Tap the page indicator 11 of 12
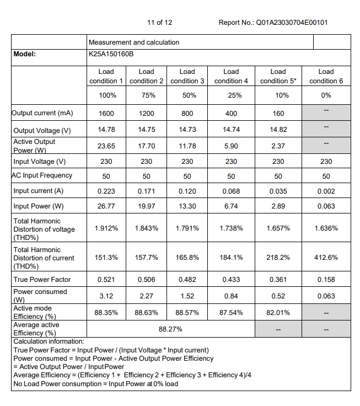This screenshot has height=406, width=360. [160, 23]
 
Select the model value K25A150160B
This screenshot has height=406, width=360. [111, 54]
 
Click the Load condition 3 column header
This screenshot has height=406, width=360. [187, 76]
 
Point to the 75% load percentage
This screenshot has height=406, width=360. [147, 95]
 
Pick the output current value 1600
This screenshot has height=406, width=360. [107, 113]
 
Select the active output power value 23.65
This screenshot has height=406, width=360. [107, 146]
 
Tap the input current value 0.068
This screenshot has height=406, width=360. [231, 191]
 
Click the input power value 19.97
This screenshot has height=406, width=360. [147, 206]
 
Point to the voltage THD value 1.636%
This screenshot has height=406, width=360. [326, 228]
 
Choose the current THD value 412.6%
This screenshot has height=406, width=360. [326, 257]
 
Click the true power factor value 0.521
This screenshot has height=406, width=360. [107, 280]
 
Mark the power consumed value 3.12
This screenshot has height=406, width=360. [107, 296]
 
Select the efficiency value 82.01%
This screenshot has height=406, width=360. [278, 312]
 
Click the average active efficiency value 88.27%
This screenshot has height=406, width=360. [170, 329]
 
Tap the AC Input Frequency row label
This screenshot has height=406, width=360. [43, 176]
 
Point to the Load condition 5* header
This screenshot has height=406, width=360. [278, 76]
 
